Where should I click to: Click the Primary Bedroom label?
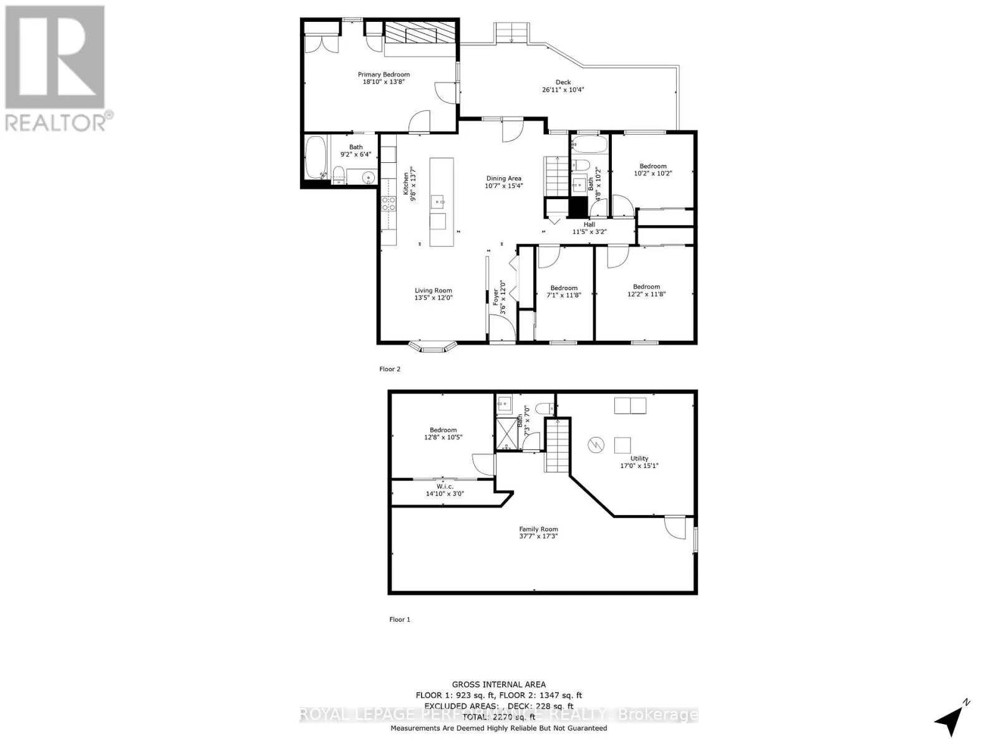tap(384, 75)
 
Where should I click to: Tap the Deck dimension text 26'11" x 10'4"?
tap(563, 90)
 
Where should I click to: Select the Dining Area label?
tap(503, 179)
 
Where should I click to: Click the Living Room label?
tap(434, 290)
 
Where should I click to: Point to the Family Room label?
tap(538, 529)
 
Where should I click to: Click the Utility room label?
tap(639, 458)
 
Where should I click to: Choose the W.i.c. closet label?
tap(445, 486)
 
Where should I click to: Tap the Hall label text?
tap(589, 225)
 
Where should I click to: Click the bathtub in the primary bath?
tap(316, 159)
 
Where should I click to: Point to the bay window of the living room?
tap(432, 345)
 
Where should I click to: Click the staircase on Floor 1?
tap(558, 445)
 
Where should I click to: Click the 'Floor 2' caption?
tap(390, 369)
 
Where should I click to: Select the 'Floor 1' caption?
tap(400, 619)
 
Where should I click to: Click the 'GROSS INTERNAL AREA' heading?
tap(498, 685)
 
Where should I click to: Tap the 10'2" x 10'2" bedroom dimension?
tap(653, 174)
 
